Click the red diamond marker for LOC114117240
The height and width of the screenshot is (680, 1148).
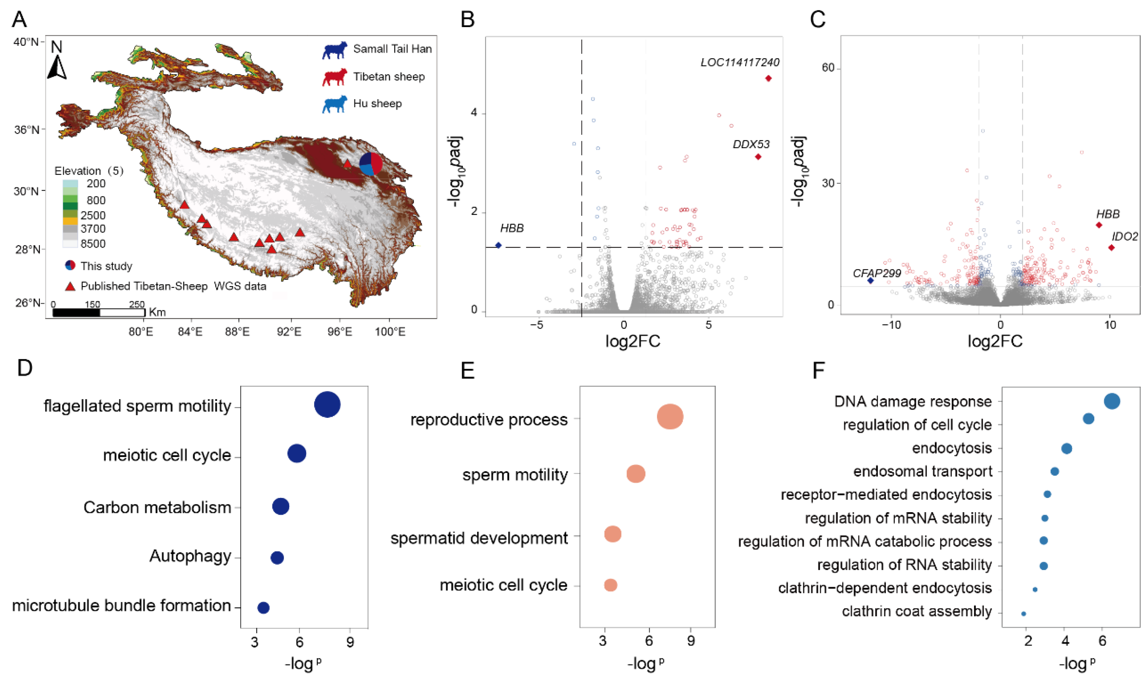[x=768, y=78]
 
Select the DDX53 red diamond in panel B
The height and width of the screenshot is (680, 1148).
[x=758, y=157]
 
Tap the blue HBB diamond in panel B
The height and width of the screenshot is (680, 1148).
[x=498, y=245]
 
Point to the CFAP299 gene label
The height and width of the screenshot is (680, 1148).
[x=877, y=274]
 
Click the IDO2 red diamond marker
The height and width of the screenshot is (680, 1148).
[x=1111, y=248]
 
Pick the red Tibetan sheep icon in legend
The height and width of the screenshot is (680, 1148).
[x=334, y=77]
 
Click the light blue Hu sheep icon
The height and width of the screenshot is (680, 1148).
[x=334, y=104]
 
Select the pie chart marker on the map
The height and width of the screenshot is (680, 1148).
[x=371, y=164]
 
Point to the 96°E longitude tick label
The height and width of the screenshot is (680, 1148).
[x=339, y=332]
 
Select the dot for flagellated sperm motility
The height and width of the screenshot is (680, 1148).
[x=327, y=405]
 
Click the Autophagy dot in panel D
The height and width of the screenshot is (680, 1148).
[x=277, y=558]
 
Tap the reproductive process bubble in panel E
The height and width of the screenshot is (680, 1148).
[x=670, y=417]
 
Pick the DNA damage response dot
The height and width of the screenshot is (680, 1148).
[x=1112, y=402]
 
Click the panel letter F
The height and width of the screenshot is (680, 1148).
[x=818, y=370]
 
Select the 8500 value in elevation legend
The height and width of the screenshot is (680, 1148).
[x=93, y=244]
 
